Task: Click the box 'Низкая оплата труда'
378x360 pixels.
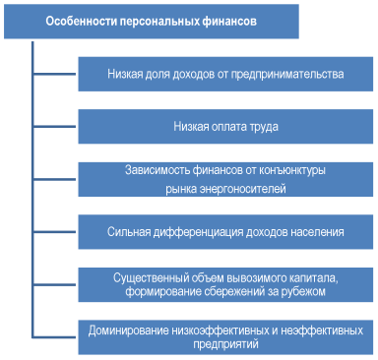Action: (225, 126)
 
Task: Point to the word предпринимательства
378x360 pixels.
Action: (294, 73)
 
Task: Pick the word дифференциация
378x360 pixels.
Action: (205, 233)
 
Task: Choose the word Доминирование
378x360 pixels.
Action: (129, 331)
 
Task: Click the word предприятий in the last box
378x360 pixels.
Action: (225, 345)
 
